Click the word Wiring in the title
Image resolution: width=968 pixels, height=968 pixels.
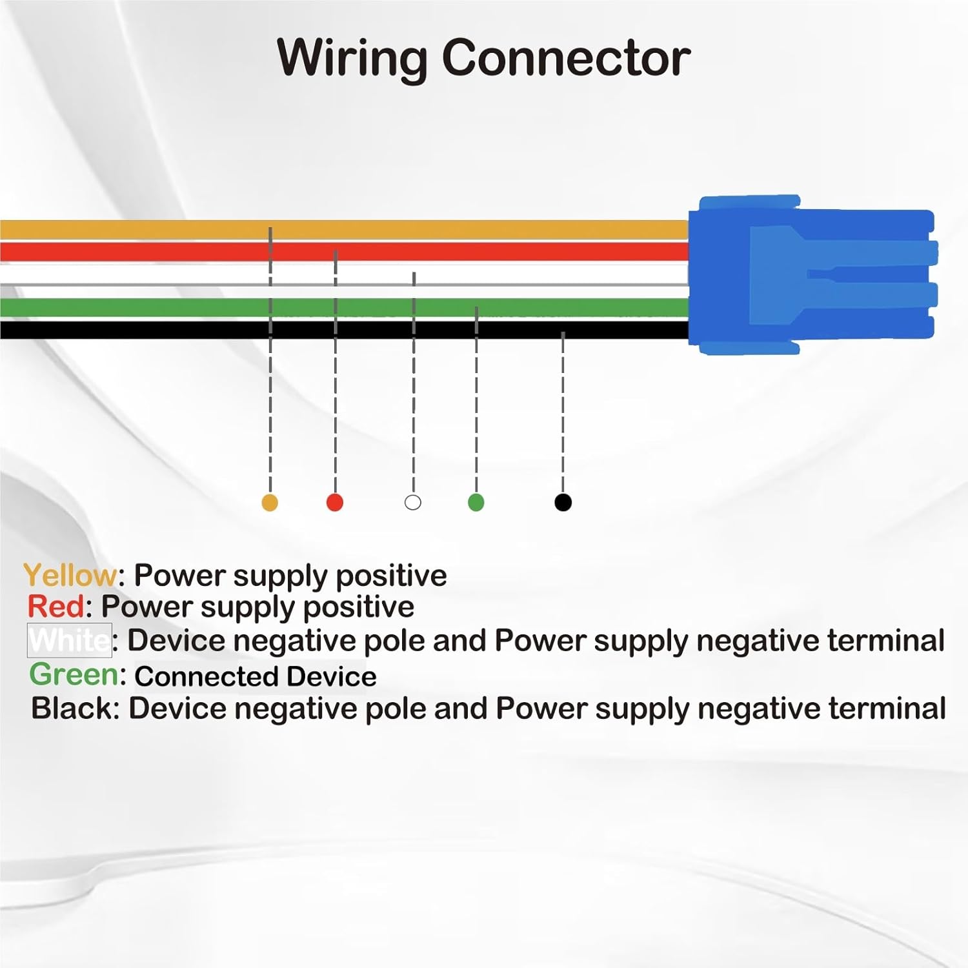pos(352,59)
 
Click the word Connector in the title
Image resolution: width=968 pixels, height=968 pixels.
pos(566,59)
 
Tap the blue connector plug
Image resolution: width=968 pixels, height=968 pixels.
pos(811,275)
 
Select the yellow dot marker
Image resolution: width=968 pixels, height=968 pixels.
pos(270,503)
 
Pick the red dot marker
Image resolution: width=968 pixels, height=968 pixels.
pos(335,503)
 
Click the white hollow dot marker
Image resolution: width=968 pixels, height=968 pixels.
pos(413,503)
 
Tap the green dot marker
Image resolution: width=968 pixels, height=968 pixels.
pos(476,503)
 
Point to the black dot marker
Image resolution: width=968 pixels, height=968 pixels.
pos(563,503)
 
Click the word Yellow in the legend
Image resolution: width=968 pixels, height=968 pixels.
pos(70,575)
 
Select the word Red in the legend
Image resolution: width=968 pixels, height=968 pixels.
pos(56,607)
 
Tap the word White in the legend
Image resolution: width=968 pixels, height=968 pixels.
pos(70,640)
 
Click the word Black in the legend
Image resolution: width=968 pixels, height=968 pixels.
pos(72,709)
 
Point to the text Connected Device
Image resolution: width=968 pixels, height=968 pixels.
pos(256,676)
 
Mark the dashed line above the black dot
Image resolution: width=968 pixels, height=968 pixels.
pos(563,413)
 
